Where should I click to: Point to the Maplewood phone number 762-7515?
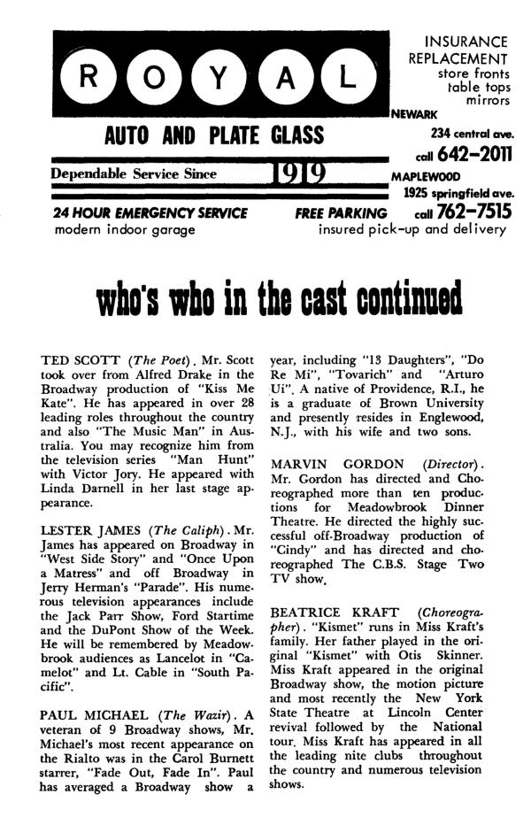[x=478, y=213]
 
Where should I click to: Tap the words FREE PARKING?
[x=341, y=213]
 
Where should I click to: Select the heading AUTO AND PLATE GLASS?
[x=214, y=136]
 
